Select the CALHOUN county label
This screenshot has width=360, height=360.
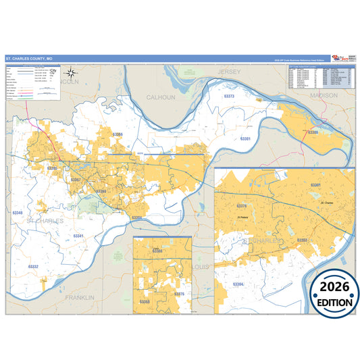(x=161, y=97)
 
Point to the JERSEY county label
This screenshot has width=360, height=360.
(x=230, y=71)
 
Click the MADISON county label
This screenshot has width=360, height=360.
(x=324, y=96)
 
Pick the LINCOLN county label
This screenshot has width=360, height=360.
(x=68, y=81)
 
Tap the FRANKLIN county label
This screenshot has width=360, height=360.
(x=80, y=297)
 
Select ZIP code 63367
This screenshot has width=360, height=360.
(x=76, y=180)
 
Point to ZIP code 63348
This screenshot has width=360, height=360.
(x=17, y=212)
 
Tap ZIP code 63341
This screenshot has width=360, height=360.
(x=78, y=235)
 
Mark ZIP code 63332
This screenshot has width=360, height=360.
(x=32, y=267)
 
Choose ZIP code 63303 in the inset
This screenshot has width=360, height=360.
(x=302, y=240)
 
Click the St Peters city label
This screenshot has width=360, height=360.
(x=242, y=217)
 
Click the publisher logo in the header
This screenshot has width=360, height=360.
(x=342, y=59)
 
